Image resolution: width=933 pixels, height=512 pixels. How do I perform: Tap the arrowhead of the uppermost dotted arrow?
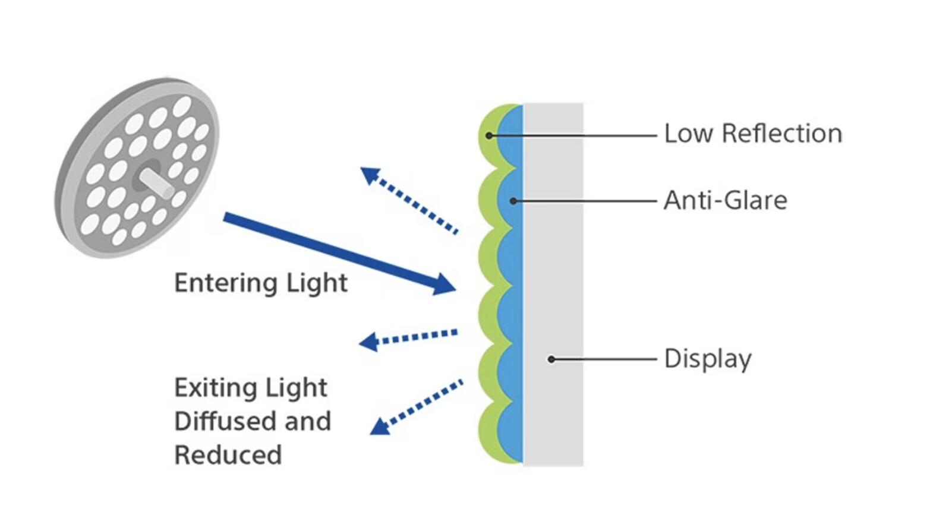(370, 175)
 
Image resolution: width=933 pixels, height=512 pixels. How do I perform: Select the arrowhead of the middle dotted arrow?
(368, 342)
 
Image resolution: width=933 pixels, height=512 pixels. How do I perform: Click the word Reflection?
(782, 134)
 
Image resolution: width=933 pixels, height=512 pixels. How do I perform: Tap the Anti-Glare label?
(726, 201)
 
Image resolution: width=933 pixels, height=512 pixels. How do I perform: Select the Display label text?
(708, 359)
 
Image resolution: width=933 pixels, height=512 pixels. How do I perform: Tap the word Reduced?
(228, 454)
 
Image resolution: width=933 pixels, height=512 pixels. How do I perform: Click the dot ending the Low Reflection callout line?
(490, 135)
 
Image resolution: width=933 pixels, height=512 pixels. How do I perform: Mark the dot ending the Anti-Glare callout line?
(513, 201)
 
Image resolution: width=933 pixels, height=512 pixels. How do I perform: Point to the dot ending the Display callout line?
(551, 359)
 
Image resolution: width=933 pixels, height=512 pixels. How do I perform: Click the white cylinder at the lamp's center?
(156, 184)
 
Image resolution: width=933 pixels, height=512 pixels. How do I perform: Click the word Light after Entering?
(317, 284)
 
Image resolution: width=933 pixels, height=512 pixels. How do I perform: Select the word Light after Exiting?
(296, 388)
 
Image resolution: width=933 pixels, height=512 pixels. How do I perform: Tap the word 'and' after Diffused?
(308, 421)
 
